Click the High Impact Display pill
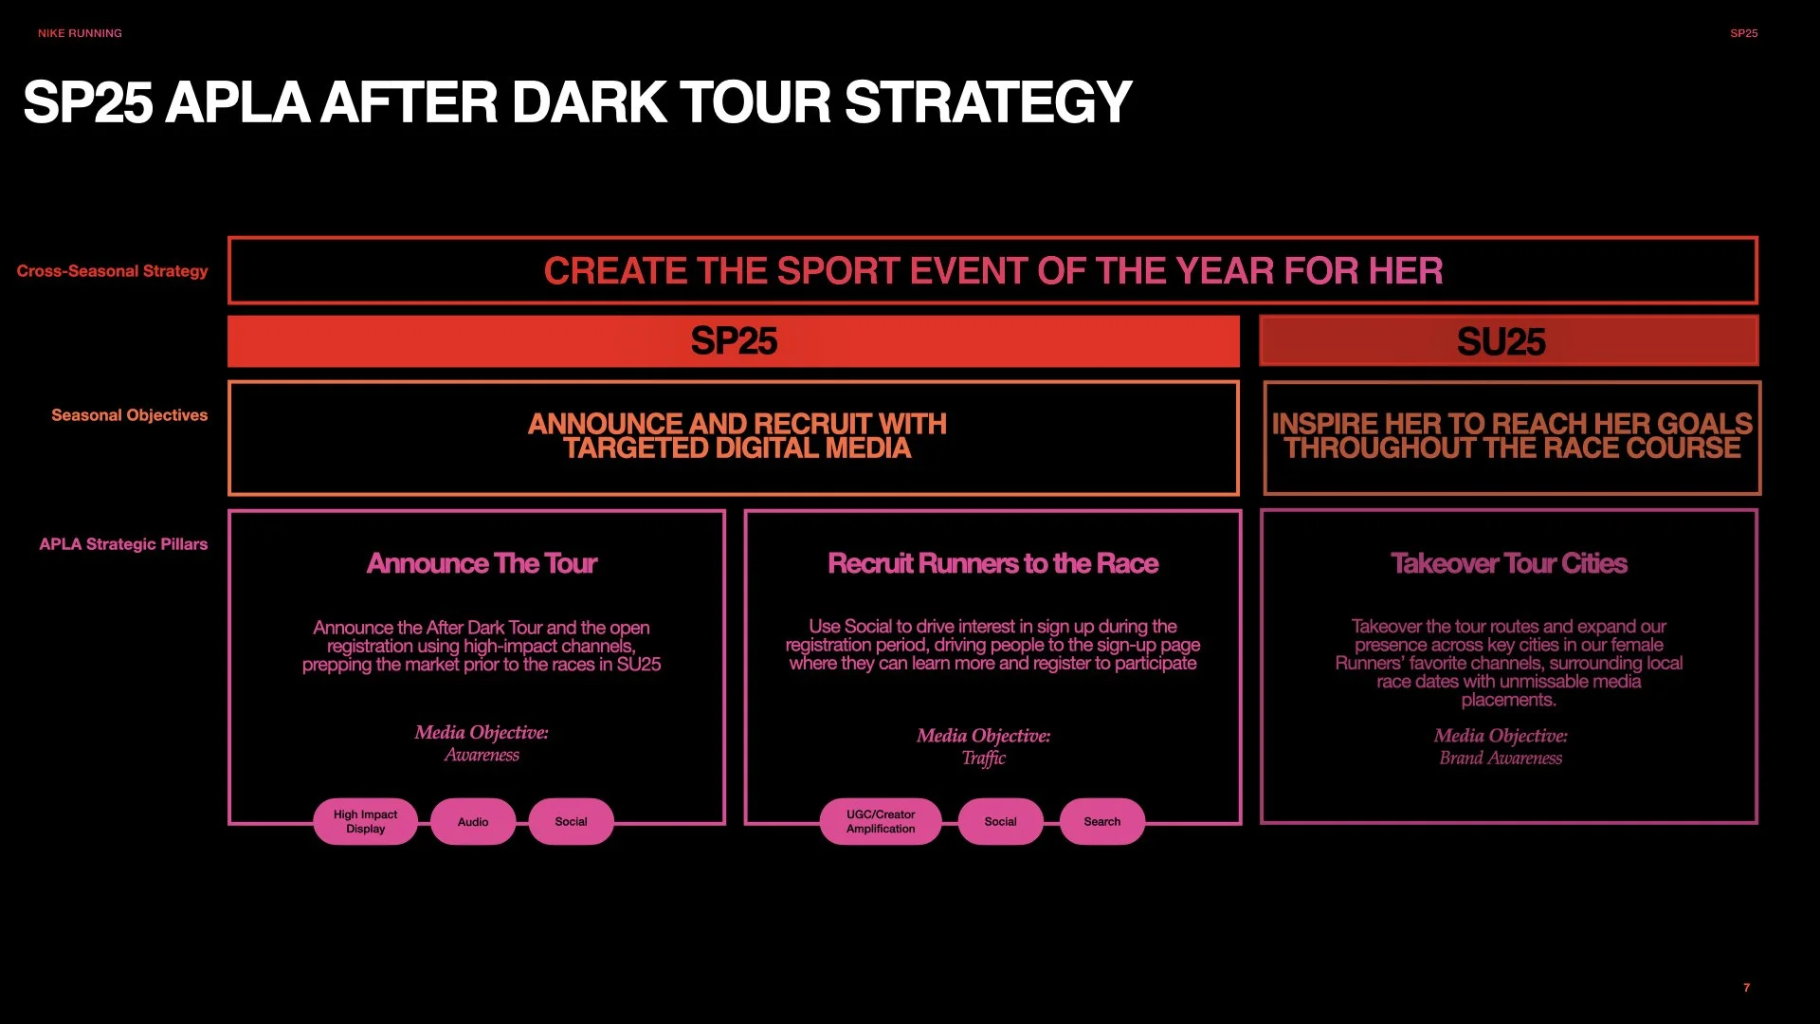(x=365, y=821)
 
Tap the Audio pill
(x=473, y=822)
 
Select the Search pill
(x=1101, y=822)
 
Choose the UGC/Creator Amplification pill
(x=881, y=821)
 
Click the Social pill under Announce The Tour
(x=571, y=822)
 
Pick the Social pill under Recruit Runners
(x=1000, y=822)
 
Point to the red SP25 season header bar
(x=733, y=341)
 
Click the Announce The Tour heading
(x=482, y=563)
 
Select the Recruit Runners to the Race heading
(x=992, y=563)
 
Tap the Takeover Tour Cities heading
(x=1508, y=563)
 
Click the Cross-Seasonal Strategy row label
(x=112, y=271)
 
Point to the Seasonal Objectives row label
(x=129, y=415)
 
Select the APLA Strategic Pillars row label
(x=123, y=544)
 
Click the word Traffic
(x=983, y=758)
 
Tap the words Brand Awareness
(x=1501, y=758)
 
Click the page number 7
(x=1746, y=988)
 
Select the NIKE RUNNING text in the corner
(x=80, y=33)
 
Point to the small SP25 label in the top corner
(x=1743, y=33)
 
